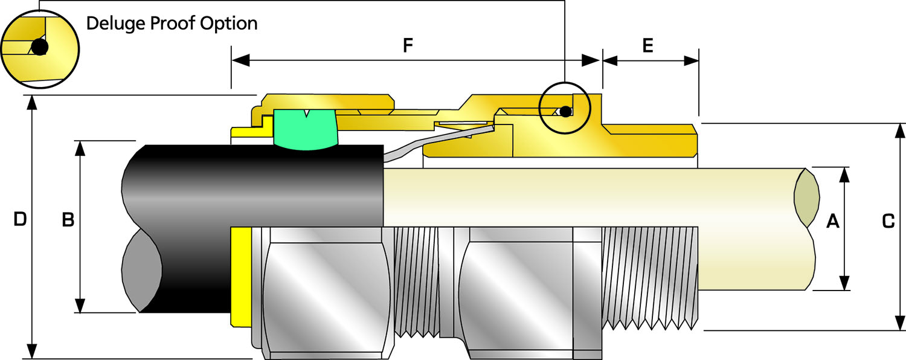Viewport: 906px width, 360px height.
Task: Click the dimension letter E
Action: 647,47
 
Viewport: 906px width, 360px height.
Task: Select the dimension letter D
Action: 19,220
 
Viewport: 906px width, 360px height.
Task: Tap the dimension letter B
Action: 68,220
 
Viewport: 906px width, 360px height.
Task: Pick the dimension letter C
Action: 888,222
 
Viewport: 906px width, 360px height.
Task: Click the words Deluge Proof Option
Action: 172,24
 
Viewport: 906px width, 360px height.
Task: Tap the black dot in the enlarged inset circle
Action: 39,47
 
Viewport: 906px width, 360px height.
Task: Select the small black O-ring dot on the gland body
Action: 565,111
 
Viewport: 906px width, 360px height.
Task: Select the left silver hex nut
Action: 326,290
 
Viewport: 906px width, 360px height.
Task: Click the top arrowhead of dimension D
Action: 32,103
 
